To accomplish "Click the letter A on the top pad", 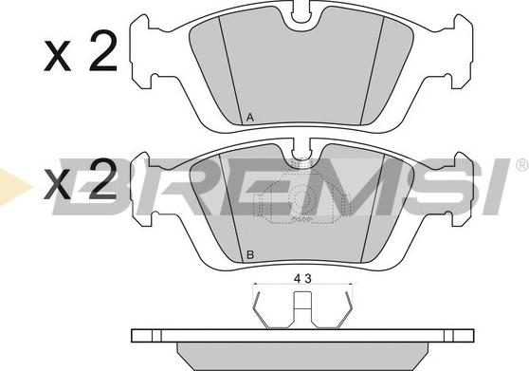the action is (250, 118).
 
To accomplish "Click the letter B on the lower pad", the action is (250, 255).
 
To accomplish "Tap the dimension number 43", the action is (302, 279).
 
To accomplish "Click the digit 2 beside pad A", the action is (103, 50).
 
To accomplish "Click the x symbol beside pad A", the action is (57, 56).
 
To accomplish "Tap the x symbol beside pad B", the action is (57, 184).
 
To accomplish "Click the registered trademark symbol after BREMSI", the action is (522, 165).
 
